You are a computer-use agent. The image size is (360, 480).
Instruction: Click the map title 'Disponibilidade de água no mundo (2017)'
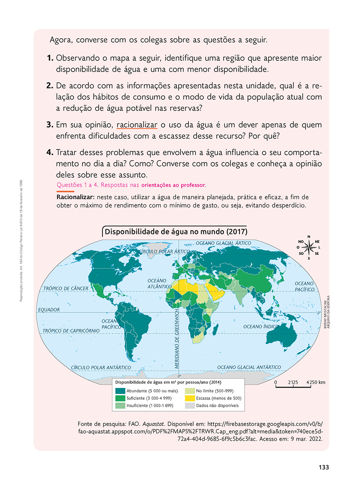[176, 232]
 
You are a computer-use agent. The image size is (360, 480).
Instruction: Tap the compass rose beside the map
[309, 247]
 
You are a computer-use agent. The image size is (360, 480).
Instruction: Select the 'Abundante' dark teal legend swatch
[120, 391]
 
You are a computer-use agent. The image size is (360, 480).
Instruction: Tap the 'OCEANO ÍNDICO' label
[261, 327]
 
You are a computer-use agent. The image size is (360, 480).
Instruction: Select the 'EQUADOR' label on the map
[49, 310]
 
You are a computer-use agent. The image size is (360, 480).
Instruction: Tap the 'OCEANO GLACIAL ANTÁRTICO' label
[249, 367]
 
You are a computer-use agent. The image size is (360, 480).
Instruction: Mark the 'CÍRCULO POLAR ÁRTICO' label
[164, 251]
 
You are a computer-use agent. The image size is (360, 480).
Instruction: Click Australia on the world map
[282, 336]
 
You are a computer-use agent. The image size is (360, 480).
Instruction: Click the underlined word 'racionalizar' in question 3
[137, 125]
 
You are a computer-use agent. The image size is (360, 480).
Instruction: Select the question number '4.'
[50, 152]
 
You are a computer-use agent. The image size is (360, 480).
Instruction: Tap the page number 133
[324, 467]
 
